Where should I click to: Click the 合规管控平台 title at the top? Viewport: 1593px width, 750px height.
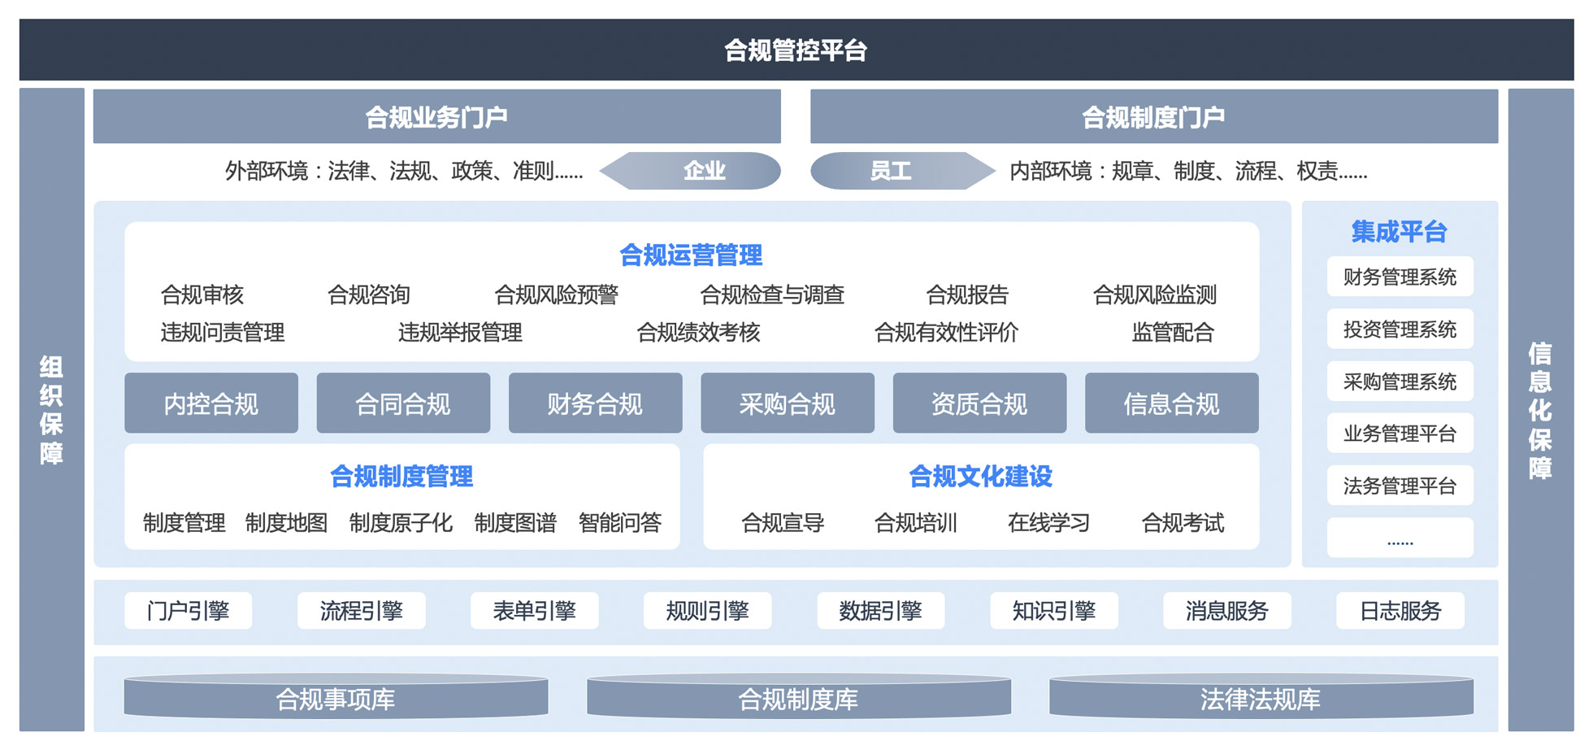tap(796, 50)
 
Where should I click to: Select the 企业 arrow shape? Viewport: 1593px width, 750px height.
tap(695, 171)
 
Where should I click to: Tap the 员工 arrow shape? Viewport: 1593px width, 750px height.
tap(898, 171)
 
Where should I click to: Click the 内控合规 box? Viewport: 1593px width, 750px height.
tap(211, 403)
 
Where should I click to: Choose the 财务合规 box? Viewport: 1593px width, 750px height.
tap(595, 403)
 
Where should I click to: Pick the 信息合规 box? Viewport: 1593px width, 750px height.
tap(1171, 403)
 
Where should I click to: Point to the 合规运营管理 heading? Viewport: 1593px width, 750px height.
tap(691, 255)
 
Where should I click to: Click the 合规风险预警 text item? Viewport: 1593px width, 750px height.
tap(557, 294)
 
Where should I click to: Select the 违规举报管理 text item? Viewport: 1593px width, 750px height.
tap(460, 332)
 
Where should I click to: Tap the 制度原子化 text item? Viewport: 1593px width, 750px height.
tap(401, 522)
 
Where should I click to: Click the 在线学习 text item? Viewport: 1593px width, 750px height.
tap(1048, 522)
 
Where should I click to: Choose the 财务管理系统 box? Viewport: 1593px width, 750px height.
tap(1400, 277)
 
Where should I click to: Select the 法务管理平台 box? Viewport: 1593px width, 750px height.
tap(1400, 486)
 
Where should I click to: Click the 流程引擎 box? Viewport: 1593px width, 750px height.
tap(361, 611)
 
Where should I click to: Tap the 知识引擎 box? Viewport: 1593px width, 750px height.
tap(1053, 611)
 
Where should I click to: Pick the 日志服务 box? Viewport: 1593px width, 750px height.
tap(1400, 611)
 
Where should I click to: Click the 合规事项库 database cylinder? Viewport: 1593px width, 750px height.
tap(336, 699)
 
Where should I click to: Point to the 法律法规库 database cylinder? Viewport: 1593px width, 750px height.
tap(1261, 699)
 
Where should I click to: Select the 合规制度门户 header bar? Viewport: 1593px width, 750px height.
tap(1153, 117)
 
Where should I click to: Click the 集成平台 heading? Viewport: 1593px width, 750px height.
tap(1400, 232)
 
